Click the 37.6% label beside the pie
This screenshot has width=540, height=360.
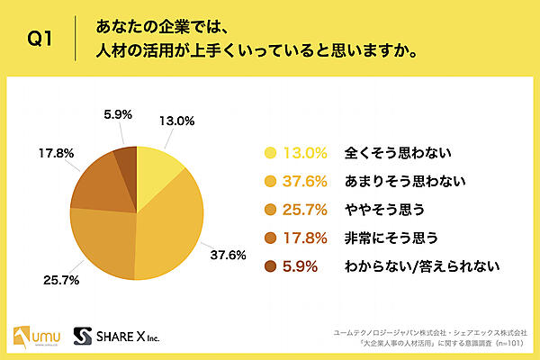pyautogui.click(x=229, y=254)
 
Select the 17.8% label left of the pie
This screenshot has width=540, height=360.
pyautogui.click(x=53, y=154)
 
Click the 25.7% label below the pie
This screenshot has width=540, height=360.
pyautogui.click(x=62, y=280)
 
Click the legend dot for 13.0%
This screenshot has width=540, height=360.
pyautogui.click(x=269, y=154)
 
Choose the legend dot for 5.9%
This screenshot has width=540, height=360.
pyautogui.click(x=269, y=265)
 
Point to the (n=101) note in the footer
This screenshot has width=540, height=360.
pyautogui.click(x=516, y=343)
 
